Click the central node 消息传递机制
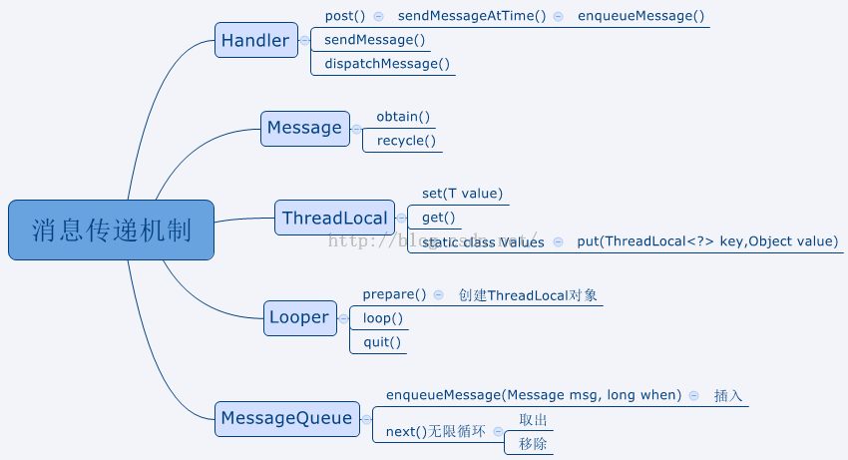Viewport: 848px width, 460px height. [x=111, y=230]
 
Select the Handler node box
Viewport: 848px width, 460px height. [x=255, y=40]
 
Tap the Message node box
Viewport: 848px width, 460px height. [x=305, y=128]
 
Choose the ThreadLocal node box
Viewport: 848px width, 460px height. [x=334, y=218]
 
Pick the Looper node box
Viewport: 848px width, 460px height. [x=299, y=317]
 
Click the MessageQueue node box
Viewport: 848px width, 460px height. [x=286, y=417]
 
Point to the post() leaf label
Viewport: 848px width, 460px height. [x=345, y=16]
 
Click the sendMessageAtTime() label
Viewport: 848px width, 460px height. [x=472, y=16]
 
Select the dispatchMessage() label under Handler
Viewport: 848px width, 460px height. [x=387, y=64]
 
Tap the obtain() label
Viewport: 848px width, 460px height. [x=403, y=117]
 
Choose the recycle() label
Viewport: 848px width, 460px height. [x=406, y=141]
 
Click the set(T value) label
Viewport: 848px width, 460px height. [x=462, y=194]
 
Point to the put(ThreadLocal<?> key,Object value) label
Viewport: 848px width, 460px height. [x=707, y=241]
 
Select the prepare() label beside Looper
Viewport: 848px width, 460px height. [x=394, y=294]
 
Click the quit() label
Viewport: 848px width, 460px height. [x=382, y=342]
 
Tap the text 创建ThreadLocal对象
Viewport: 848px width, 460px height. [x=528, y=295]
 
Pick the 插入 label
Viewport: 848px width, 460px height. [x=728, y=395]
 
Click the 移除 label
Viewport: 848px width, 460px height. [x=533, y=443]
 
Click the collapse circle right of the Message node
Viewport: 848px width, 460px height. [x=357, y=128]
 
